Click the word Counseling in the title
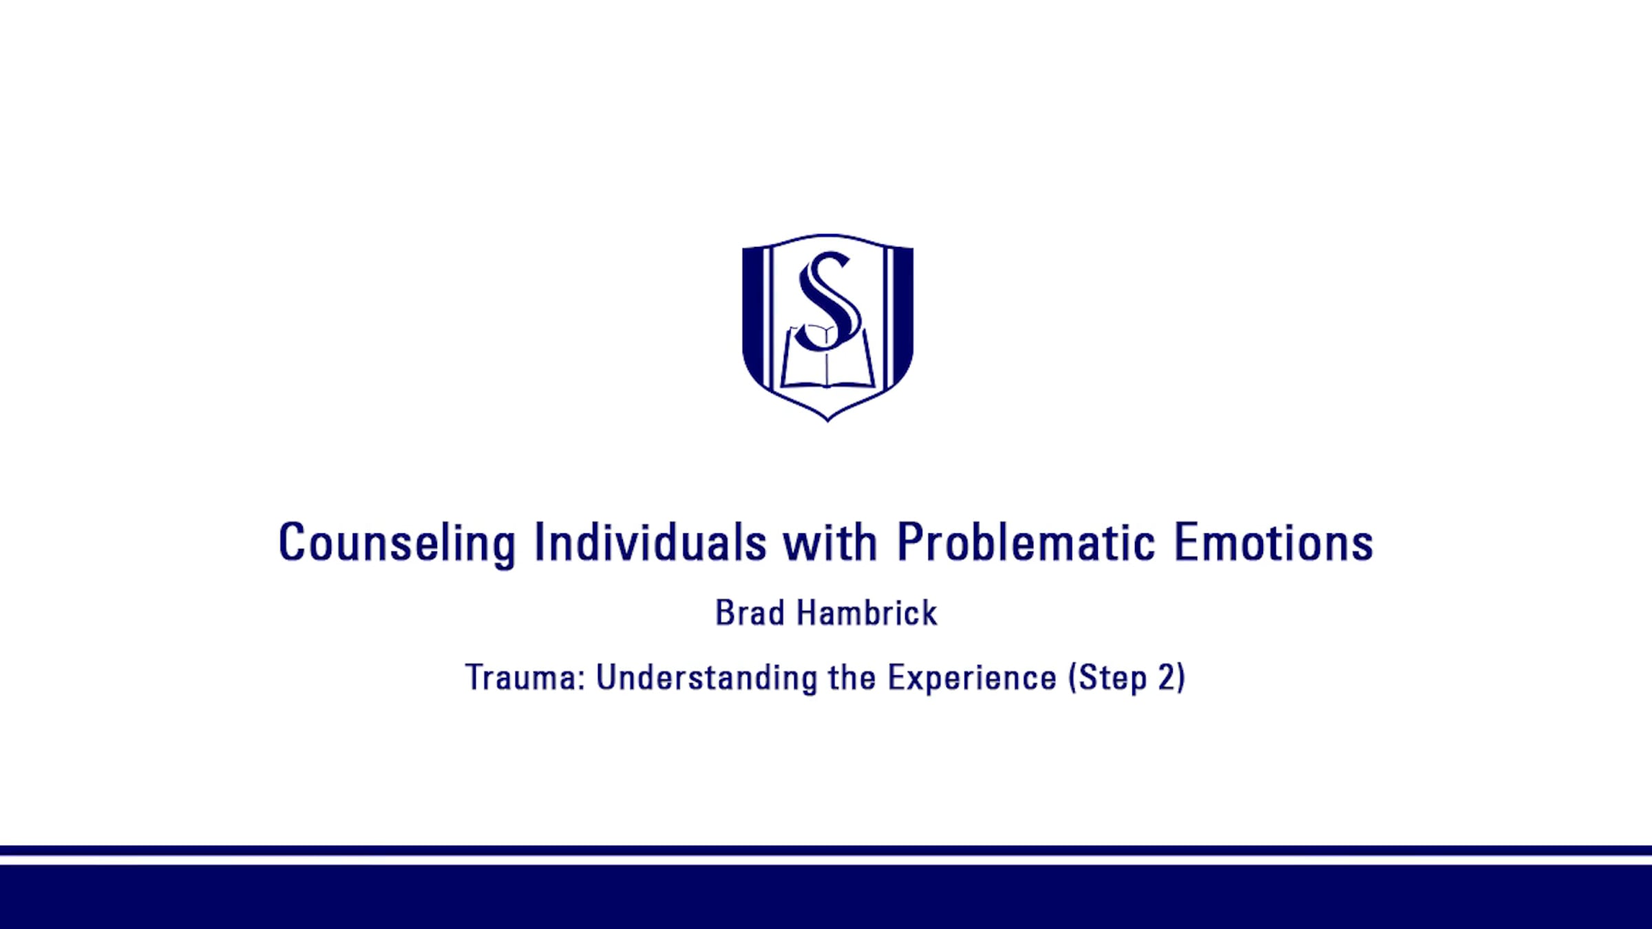[x=396, y=544]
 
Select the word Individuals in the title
[x=650, y=542]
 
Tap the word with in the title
[x=830, y=542]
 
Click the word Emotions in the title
[x=1273, y=542]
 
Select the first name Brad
[x=750, y=612]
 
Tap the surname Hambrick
[x=867, y=612]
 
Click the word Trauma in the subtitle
[x=525, y=678]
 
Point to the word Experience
[x=972, y=679]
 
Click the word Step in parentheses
[x=1113, y=679]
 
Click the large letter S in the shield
[x=828, y=301]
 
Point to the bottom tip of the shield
[x=827, y=421]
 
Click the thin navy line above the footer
[x=826, y=851]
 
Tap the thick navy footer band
[x=826, y=897]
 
